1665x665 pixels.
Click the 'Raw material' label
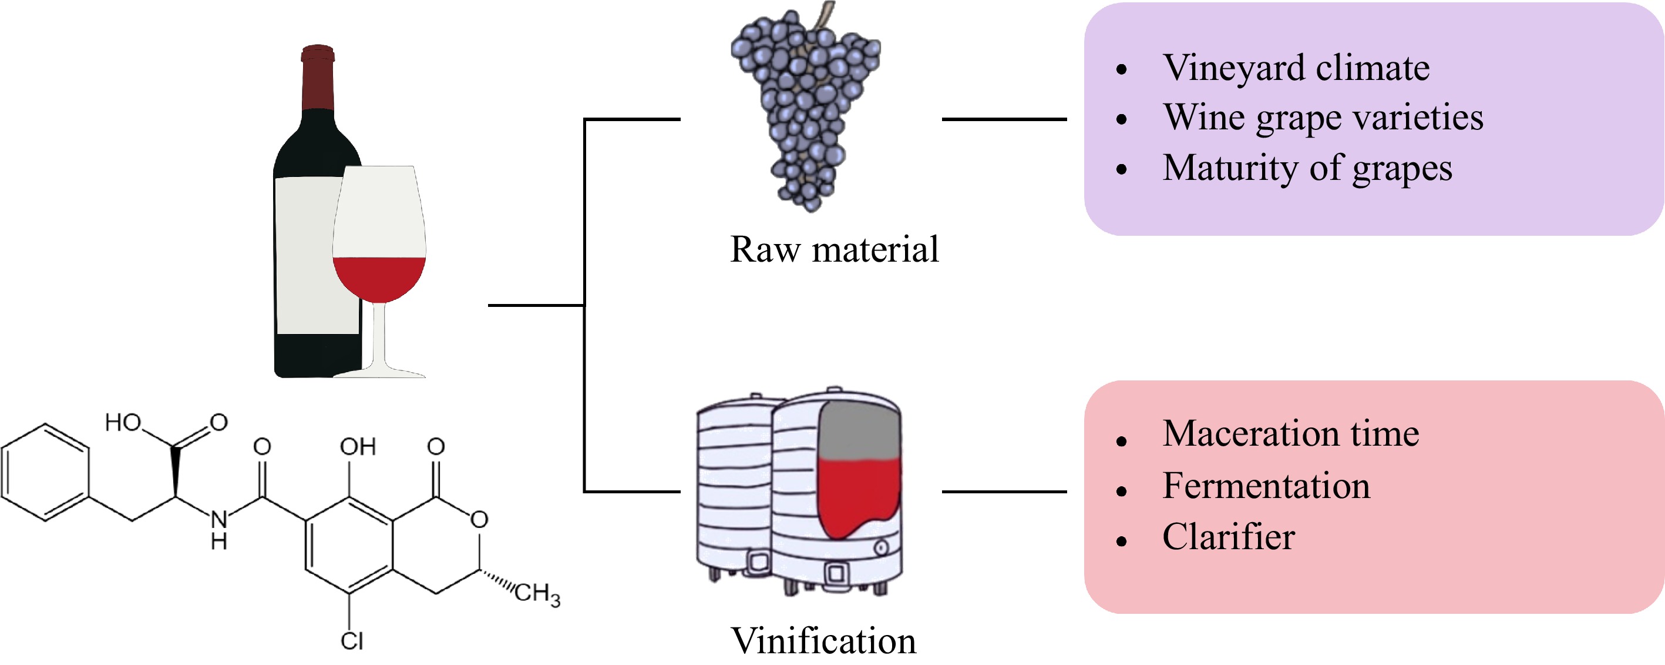[834, 250]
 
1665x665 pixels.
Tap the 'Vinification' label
[823, 641]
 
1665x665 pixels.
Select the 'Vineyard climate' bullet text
[1296, 68]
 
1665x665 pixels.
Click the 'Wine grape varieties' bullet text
[1323, 118]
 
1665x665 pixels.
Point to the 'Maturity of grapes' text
[1307, 168]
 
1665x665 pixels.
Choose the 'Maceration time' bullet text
[1290, 433]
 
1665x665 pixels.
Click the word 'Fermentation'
[1266, 486]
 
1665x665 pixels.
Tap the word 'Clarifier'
[1228, 537]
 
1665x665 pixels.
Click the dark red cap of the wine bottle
[317, 78]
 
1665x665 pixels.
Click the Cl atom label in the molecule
[352, 641]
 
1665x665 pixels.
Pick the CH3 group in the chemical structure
[536, 593]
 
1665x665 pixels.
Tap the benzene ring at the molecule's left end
[45, 472]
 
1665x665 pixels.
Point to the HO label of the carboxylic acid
[123, 423]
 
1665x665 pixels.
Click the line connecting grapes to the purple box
[1004, 119]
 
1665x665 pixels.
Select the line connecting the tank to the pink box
[1004, 492]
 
